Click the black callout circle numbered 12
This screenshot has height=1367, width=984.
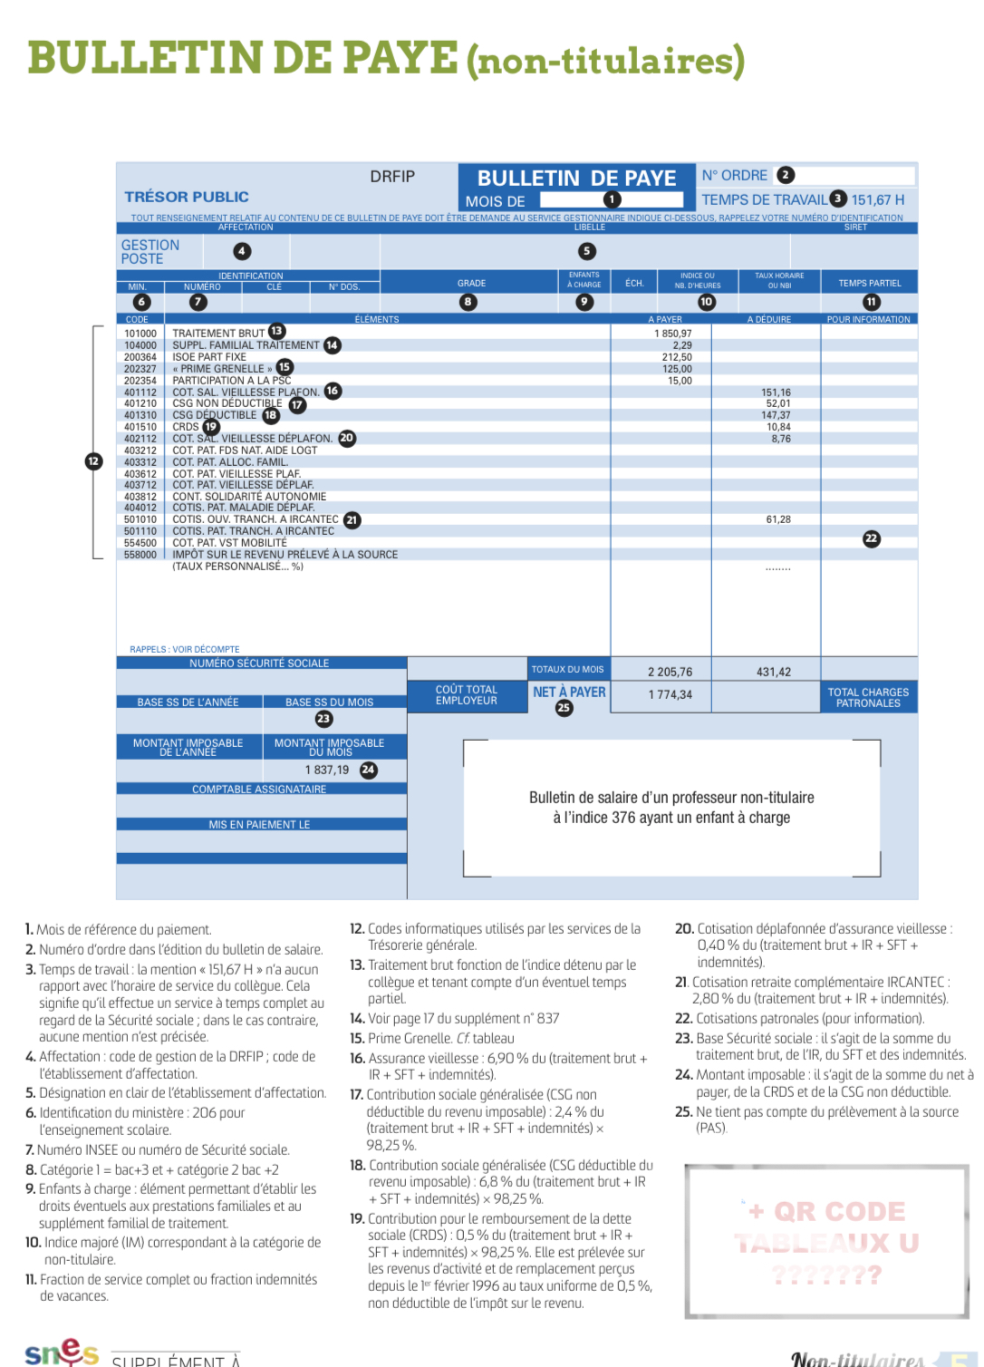(x=93, y=461)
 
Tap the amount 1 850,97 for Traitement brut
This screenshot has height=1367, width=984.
(x=672, y=334)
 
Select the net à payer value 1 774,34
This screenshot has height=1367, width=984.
(x=670, y=694)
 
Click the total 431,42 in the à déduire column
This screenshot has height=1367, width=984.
(x=773, y=672)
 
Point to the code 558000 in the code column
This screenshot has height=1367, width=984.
(x=140, y=555)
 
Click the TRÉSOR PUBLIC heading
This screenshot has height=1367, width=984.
(x=187, y=197)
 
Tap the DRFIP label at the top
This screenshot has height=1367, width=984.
(x=392, y=177)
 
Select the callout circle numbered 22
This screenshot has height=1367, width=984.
(x=871, y=538)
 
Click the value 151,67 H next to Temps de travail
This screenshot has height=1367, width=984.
(x=877, y=199)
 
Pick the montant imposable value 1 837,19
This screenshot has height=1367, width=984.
(x=327, y=770)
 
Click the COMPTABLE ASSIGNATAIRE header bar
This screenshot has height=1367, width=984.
(x=259, y=790)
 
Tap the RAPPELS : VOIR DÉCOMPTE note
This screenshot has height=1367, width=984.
(x=185, y=649)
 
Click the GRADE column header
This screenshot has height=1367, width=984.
(x=471, y=283)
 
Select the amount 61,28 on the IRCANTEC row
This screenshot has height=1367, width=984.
(x=778, y=519)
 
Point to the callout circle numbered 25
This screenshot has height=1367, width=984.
(x=564, y=708)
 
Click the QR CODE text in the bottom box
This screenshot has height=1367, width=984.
(x=839, y=1212)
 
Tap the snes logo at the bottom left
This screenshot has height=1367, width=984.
(x=61, y=1352)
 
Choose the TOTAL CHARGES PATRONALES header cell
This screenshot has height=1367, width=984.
(x=868, y=697)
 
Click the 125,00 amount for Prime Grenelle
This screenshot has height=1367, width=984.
(x=677, y=369)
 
